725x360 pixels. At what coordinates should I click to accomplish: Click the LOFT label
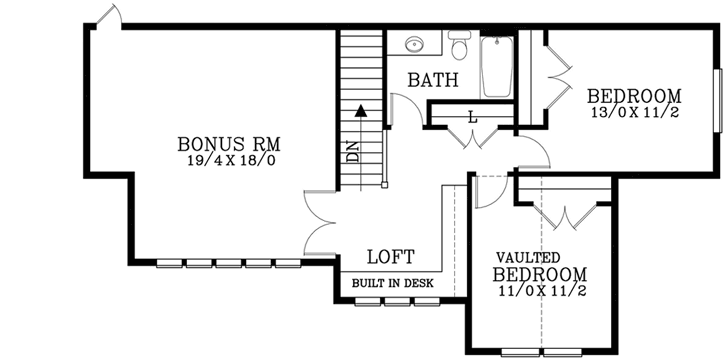click(390, 257)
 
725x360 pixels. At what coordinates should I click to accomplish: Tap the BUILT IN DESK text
click(393, 283)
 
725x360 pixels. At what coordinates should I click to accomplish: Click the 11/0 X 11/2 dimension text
click(540, 292)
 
